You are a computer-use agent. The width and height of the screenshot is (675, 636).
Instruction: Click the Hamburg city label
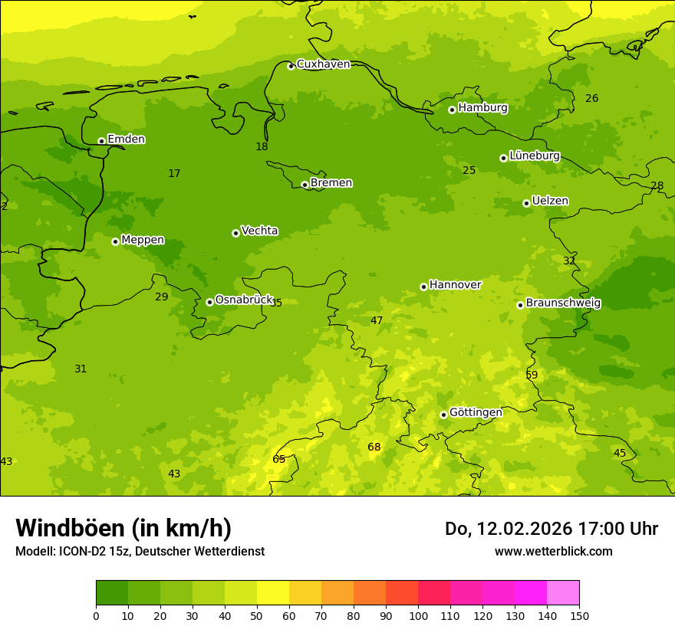(482, 108)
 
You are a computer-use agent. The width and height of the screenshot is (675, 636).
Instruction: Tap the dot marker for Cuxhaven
(291, 66)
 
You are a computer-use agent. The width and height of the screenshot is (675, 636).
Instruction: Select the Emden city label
(126, 139)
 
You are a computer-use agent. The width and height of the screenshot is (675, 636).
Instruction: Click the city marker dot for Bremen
(305, 185)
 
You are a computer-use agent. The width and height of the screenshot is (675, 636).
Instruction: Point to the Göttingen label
(476, 413)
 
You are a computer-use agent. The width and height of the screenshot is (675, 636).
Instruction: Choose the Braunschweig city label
(563, 303)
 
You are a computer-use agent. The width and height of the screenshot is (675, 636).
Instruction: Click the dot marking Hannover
(423, 287)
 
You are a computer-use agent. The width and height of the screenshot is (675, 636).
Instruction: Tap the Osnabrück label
(244, 300)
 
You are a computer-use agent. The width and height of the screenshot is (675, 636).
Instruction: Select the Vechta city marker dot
(235, 233)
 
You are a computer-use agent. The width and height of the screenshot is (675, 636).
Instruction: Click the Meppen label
(143, 240)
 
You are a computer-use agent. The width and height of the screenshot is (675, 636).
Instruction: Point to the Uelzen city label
(550, 202)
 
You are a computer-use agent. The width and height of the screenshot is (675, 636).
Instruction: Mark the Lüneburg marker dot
(503, 158)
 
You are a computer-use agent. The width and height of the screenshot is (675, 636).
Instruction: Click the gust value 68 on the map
(374, 447)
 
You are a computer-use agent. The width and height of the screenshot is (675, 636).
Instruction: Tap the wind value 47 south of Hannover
(377, 321)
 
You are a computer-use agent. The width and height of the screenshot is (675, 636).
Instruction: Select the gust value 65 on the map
(279, 460)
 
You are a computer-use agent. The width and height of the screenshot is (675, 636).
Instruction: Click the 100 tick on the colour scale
(418, 616)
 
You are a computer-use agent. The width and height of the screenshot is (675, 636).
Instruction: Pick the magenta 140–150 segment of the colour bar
(563, 593)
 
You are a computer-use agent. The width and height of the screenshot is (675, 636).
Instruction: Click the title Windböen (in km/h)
(123, 529)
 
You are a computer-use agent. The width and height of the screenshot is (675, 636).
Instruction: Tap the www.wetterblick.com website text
(553, 552)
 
